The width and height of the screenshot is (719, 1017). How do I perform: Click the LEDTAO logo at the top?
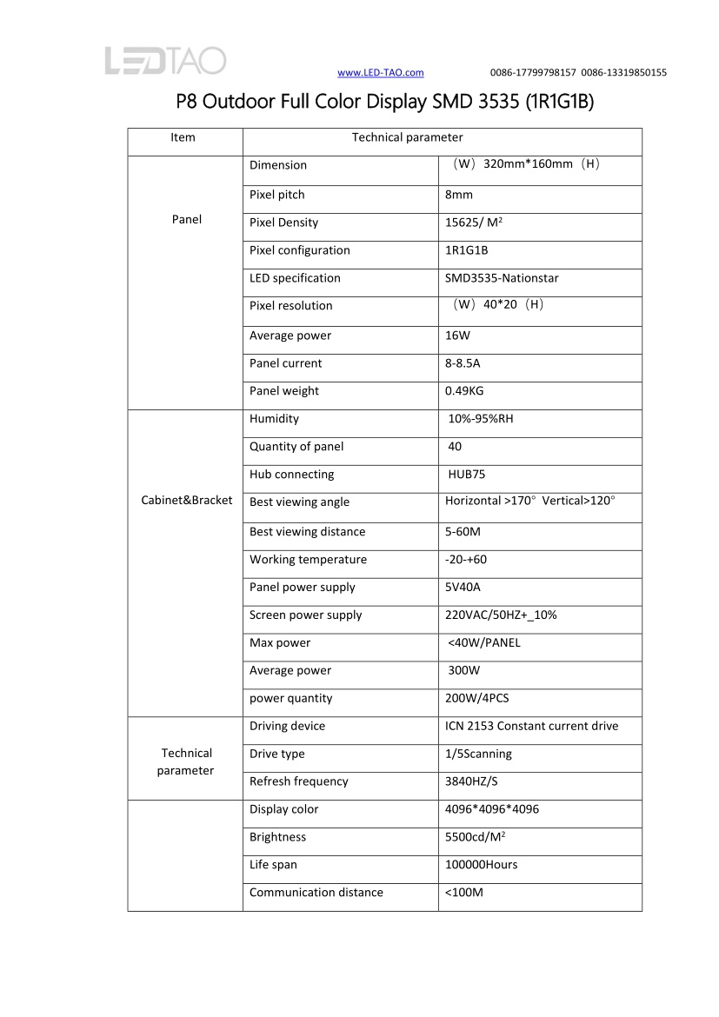(x=165, y=60)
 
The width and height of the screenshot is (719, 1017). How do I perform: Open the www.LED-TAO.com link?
(x=380, y=72)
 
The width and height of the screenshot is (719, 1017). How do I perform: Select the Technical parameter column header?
(x=407, y=137)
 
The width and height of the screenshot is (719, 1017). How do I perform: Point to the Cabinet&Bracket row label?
(x=187, y=501)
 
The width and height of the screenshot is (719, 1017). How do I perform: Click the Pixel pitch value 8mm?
(x=459, y=195)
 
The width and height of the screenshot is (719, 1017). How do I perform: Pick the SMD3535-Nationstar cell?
(x=502, y=278)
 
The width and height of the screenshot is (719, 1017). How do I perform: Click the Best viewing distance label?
(x=307, y=532)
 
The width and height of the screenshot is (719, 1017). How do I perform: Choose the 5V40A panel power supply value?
(x=463, y=588)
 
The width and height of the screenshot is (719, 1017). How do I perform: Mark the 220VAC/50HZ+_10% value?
(x=501, y=615)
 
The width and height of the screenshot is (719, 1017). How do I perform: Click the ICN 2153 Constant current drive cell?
(x=531, y=726)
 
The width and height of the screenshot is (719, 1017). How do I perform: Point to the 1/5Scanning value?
(x=478, y=754)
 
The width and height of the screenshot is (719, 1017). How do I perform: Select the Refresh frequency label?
(x=298, y=781)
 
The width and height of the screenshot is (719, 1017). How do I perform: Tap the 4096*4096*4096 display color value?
(x=491, y=809)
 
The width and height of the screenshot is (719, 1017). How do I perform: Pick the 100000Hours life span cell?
(x=481, y=865)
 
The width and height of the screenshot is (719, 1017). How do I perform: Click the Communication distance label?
(x=316, y=893)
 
